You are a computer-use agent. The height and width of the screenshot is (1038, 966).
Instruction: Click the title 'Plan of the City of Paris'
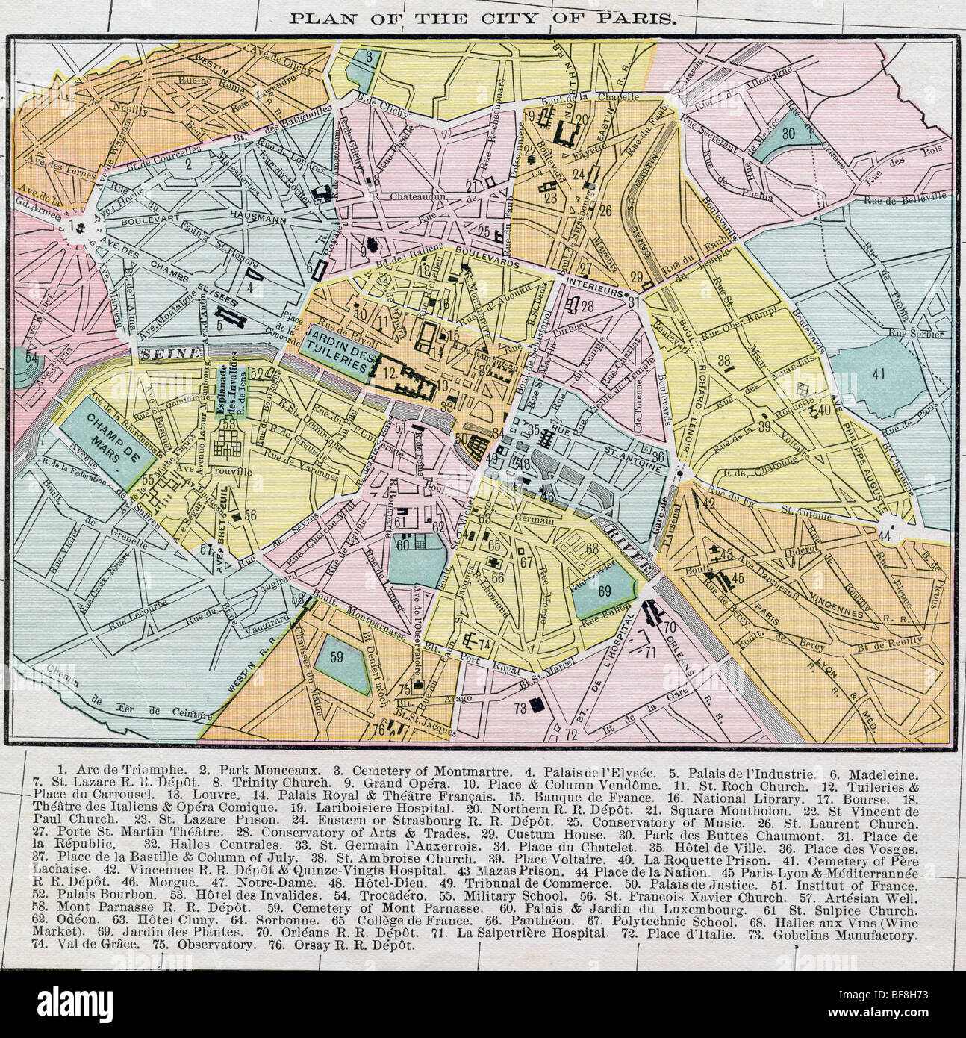483,16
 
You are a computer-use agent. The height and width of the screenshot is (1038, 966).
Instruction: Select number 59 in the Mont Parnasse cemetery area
337,658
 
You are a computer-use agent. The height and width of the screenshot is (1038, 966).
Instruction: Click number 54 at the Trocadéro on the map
31,358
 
